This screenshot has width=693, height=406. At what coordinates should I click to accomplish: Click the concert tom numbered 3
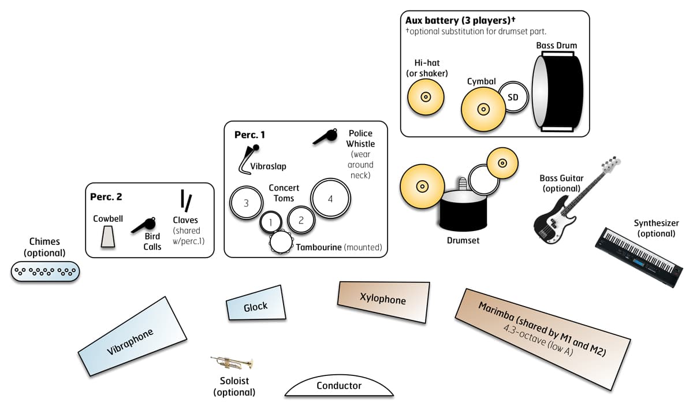coord(246,203)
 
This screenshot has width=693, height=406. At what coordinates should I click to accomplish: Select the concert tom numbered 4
coord(330,199)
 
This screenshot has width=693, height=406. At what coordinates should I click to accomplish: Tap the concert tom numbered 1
coord(270,222)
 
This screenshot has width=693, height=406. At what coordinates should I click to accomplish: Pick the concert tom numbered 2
coord(300,219)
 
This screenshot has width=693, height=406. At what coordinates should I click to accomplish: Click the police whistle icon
coord(326,137)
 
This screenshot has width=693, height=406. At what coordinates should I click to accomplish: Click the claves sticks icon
coord(186,200)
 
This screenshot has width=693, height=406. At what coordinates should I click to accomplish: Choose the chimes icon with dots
coord(45,271)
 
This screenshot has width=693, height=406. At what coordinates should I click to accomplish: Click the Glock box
coord(256,303)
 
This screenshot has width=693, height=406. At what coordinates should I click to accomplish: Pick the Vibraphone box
coord(132,337)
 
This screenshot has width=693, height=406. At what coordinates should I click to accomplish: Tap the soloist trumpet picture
coord(232,362)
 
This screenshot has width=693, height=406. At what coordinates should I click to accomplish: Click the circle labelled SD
coord(513,97)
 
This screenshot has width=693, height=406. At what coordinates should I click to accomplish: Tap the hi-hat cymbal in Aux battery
coord(426,97)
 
